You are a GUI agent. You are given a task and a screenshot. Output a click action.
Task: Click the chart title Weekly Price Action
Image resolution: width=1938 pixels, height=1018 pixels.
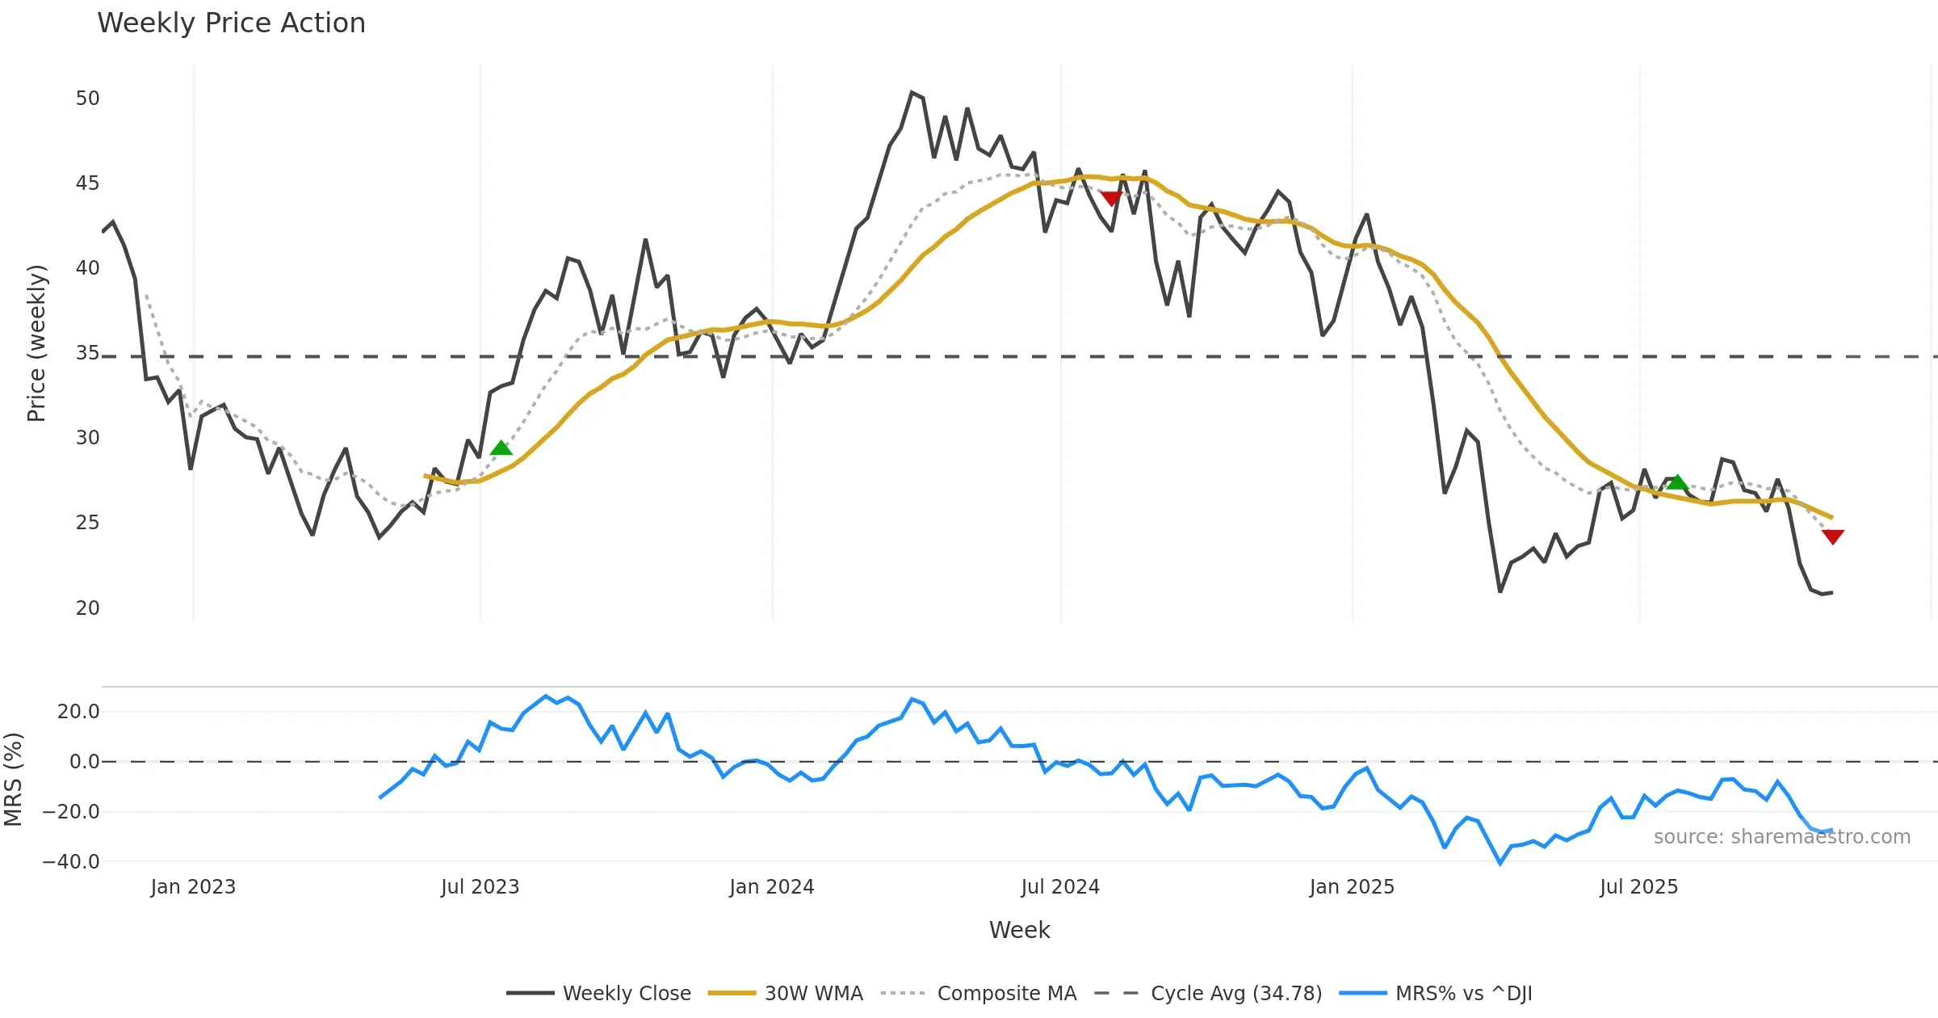click(x=231, y=23)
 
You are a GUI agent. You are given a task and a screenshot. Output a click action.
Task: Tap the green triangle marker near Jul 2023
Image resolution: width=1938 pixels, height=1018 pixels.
click(x=501, y=448)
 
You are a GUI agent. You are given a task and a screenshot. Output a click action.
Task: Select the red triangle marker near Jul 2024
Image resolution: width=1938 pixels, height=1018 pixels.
click(x=1111, y=198)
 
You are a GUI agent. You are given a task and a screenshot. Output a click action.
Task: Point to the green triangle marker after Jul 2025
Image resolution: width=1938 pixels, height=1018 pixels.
click(x=1677, y=482)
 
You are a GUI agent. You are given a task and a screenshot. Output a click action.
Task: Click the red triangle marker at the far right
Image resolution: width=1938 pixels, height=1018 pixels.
click(x=1833, y=536)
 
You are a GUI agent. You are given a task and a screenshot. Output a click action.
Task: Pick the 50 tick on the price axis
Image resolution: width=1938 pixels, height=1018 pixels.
click(x=87, y=99)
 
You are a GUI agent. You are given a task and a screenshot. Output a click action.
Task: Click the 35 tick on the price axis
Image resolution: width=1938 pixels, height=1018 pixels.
click(x=87, y=353)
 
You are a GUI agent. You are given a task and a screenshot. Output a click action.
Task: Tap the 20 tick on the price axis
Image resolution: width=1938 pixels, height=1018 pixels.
click(x=87, y=608)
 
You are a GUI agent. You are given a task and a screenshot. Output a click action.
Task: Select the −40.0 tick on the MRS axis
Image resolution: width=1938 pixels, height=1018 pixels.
click(x=71, y=862)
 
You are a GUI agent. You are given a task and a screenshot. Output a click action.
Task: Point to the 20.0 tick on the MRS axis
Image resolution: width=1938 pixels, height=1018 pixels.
click(x=78, y=712)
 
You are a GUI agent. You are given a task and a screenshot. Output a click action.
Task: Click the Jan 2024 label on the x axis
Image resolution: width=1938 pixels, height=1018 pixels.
click(x=771, y=887)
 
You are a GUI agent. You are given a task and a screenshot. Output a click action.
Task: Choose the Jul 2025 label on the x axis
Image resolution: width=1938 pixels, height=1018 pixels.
click(x=1638, y=887)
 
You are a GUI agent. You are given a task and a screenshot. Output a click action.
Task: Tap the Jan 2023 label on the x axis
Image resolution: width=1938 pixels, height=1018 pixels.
click(x=193, y=887)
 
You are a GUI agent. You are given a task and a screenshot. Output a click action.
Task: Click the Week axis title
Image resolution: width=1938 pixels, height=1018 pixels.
click(x=1019, y=931)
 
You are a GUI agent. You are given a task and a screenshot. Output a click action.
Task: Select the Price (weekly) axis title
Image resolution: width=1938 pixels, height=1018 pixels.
click(x=37, y=343)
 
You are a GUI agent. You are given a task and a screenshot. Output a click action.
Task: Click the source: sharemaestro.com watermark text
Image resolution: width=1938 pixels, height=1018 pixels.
click(x=1781, y=837)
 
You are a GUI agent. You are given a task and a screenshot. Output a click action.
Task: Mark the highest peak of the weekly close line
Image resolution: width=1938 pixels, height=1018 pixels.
click(x=912, y=93)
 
